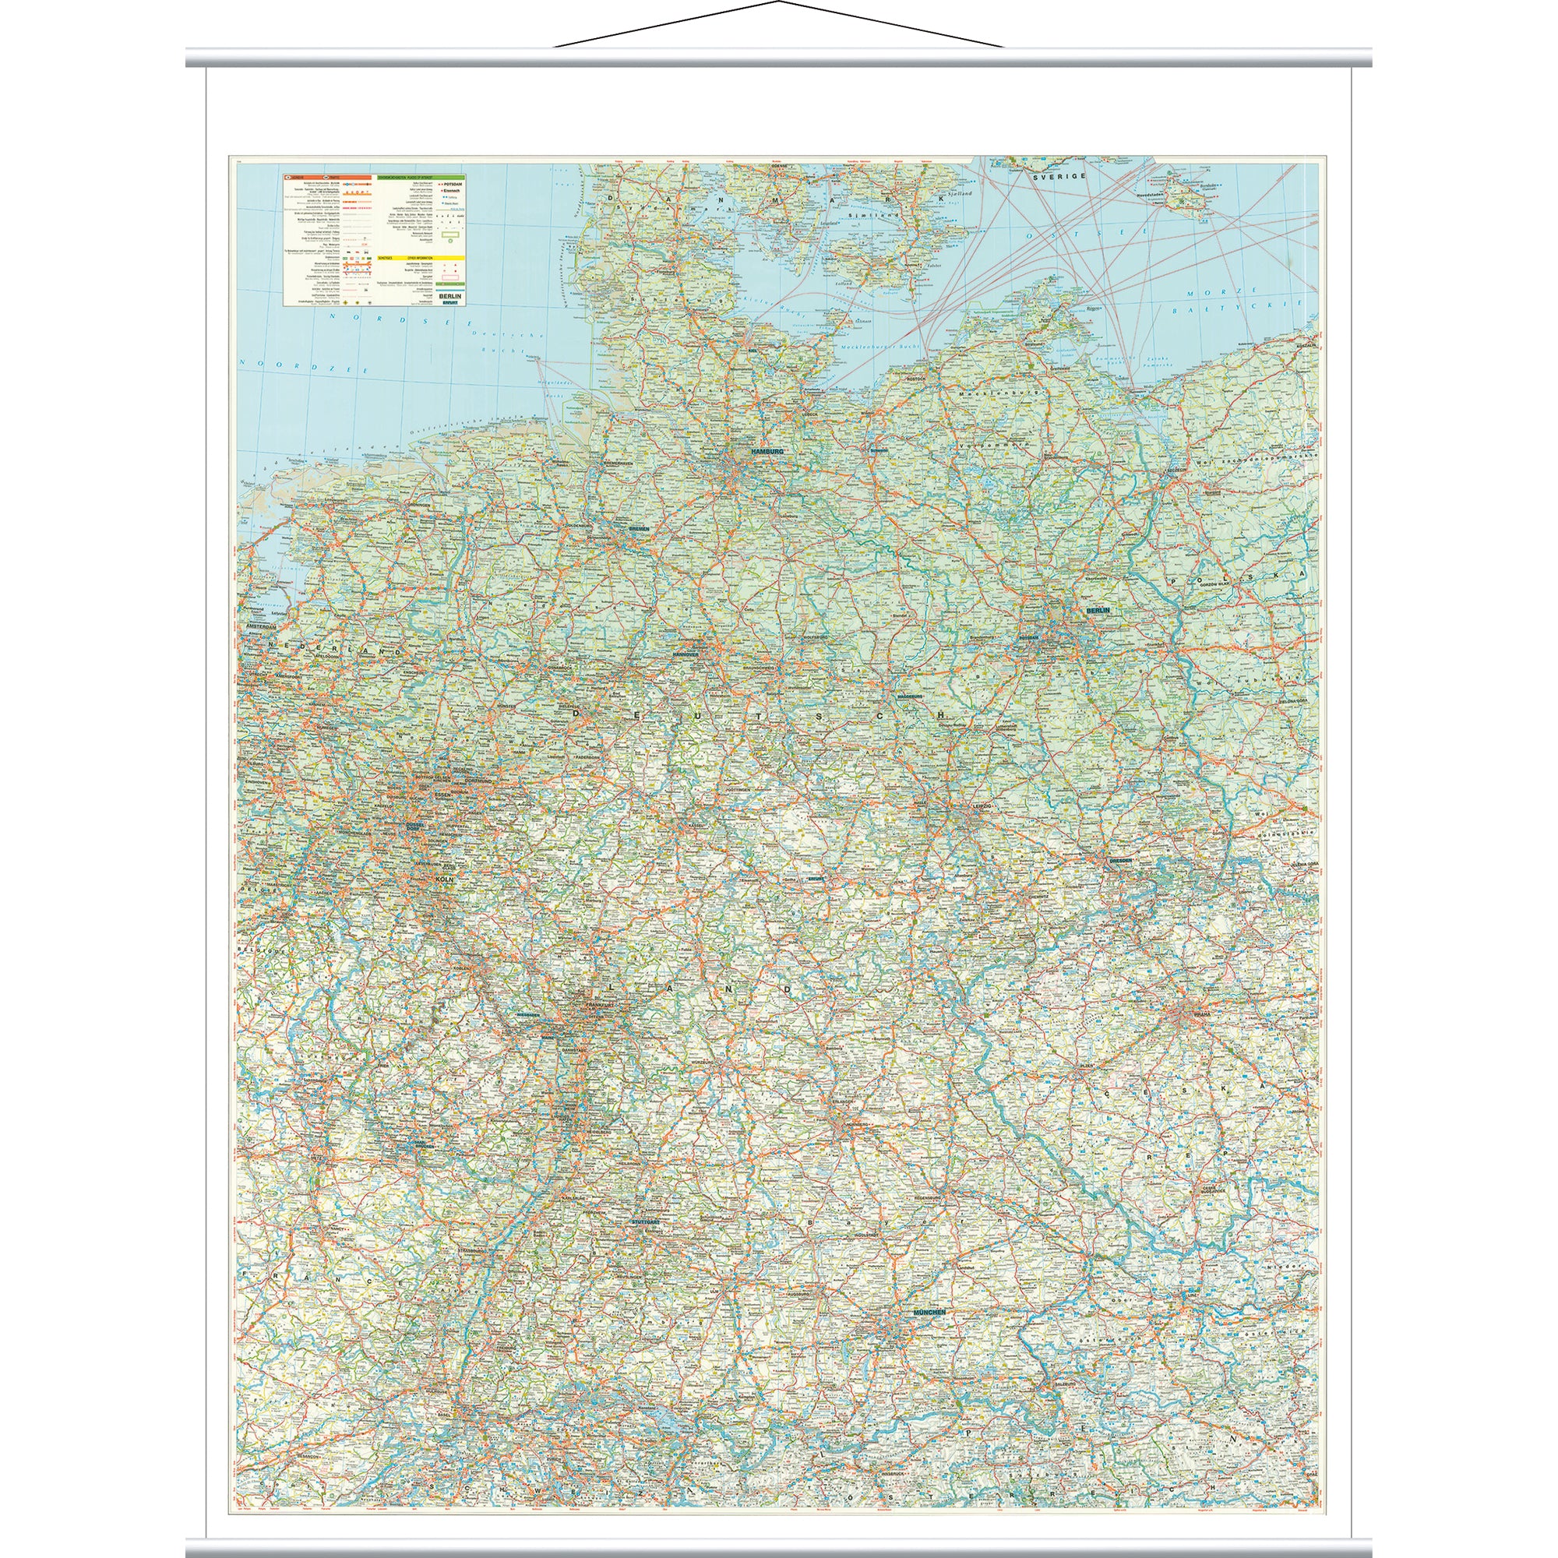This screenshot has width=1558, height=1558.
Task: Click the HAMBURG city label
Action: coord(766,452)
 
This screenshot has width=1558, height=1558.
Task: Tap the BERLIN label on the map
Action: coord(1098,611)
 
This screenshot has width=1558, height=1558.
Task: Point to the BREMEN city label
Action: coord(639,529)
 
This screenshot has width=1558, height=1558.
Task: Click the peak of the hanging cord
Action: coord(779,2)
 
